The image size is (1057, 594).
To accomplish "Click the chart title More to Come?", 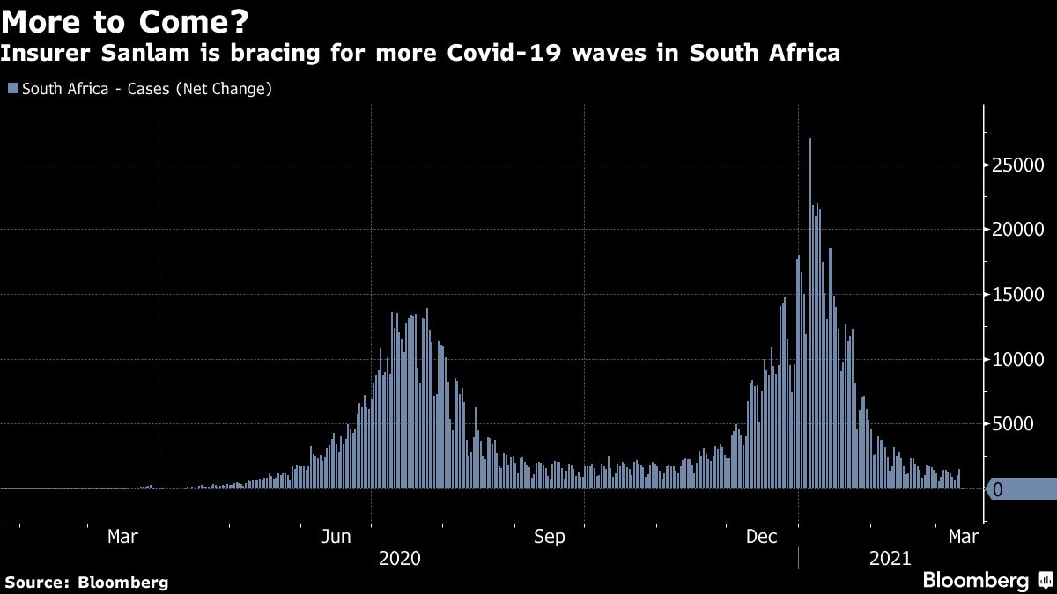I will coord(125,20).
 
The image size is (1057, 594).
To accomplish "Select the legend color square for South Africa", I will coord(12,89).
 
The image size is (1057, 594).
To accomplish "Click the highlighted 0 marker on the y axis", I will coord(998,489).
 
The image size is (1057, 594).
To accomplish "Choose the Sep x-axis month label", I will coord(550,537).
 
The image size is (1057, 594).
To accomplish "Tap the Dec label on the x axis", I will coord(762,537).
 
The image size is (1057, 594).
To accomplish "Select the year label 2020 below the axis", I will coord(399,559).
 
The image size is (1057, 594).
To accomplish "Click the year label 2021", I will coord(890,559).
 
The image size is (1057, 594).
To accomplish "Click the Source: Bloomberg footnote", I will coord(86,582).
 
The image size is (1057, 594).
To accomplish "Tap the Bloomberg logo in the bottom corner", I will coord(975,581).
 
